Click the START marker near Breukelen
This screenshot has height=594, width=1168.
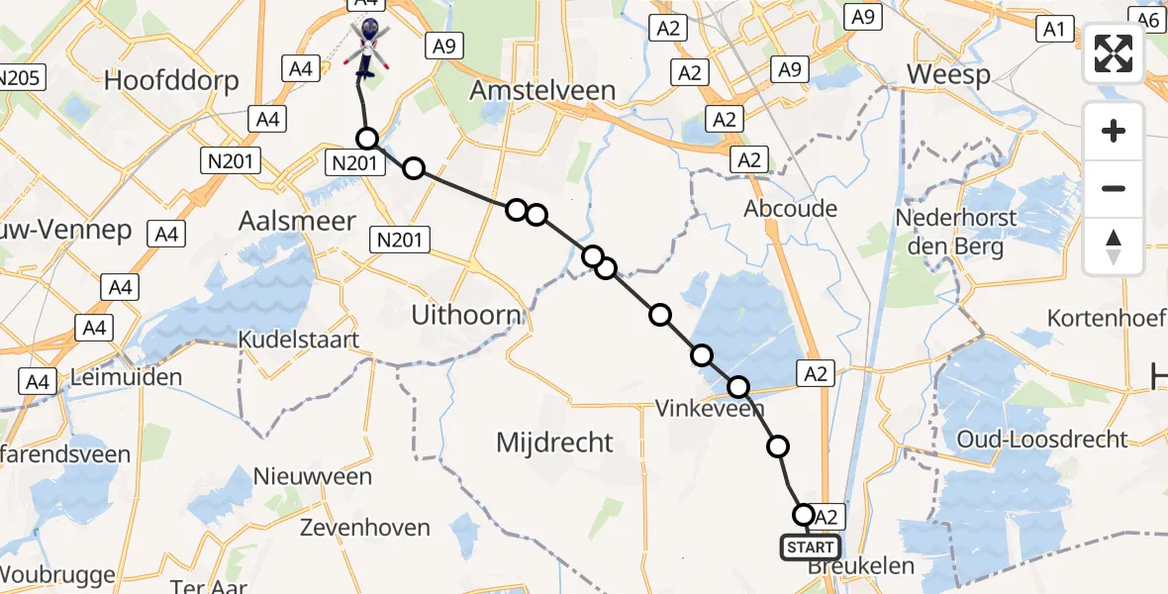click(x=810, y=546)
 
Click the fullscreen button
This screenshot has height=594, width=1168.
click(x=1114, y=53)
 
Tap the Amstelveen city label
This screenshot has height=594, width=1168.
click(x=542, y=91)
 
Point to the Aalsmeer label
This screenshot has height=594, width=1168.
click(x=297, y=221)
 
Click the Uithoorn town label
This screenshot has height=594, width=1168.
click(x=466, y=316)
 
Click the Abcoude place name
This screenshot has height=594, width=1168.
click(x=790, y=209)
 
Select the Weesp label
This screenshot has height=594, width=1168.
click(x=948, y=76)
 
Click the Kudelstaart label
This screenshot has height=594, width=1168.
click(x=298, y=340)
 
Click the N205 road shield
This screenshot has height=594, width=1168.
click(x=22, y=77)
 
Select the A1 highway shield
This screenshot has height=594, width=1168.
click(x=1053, y=30)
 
